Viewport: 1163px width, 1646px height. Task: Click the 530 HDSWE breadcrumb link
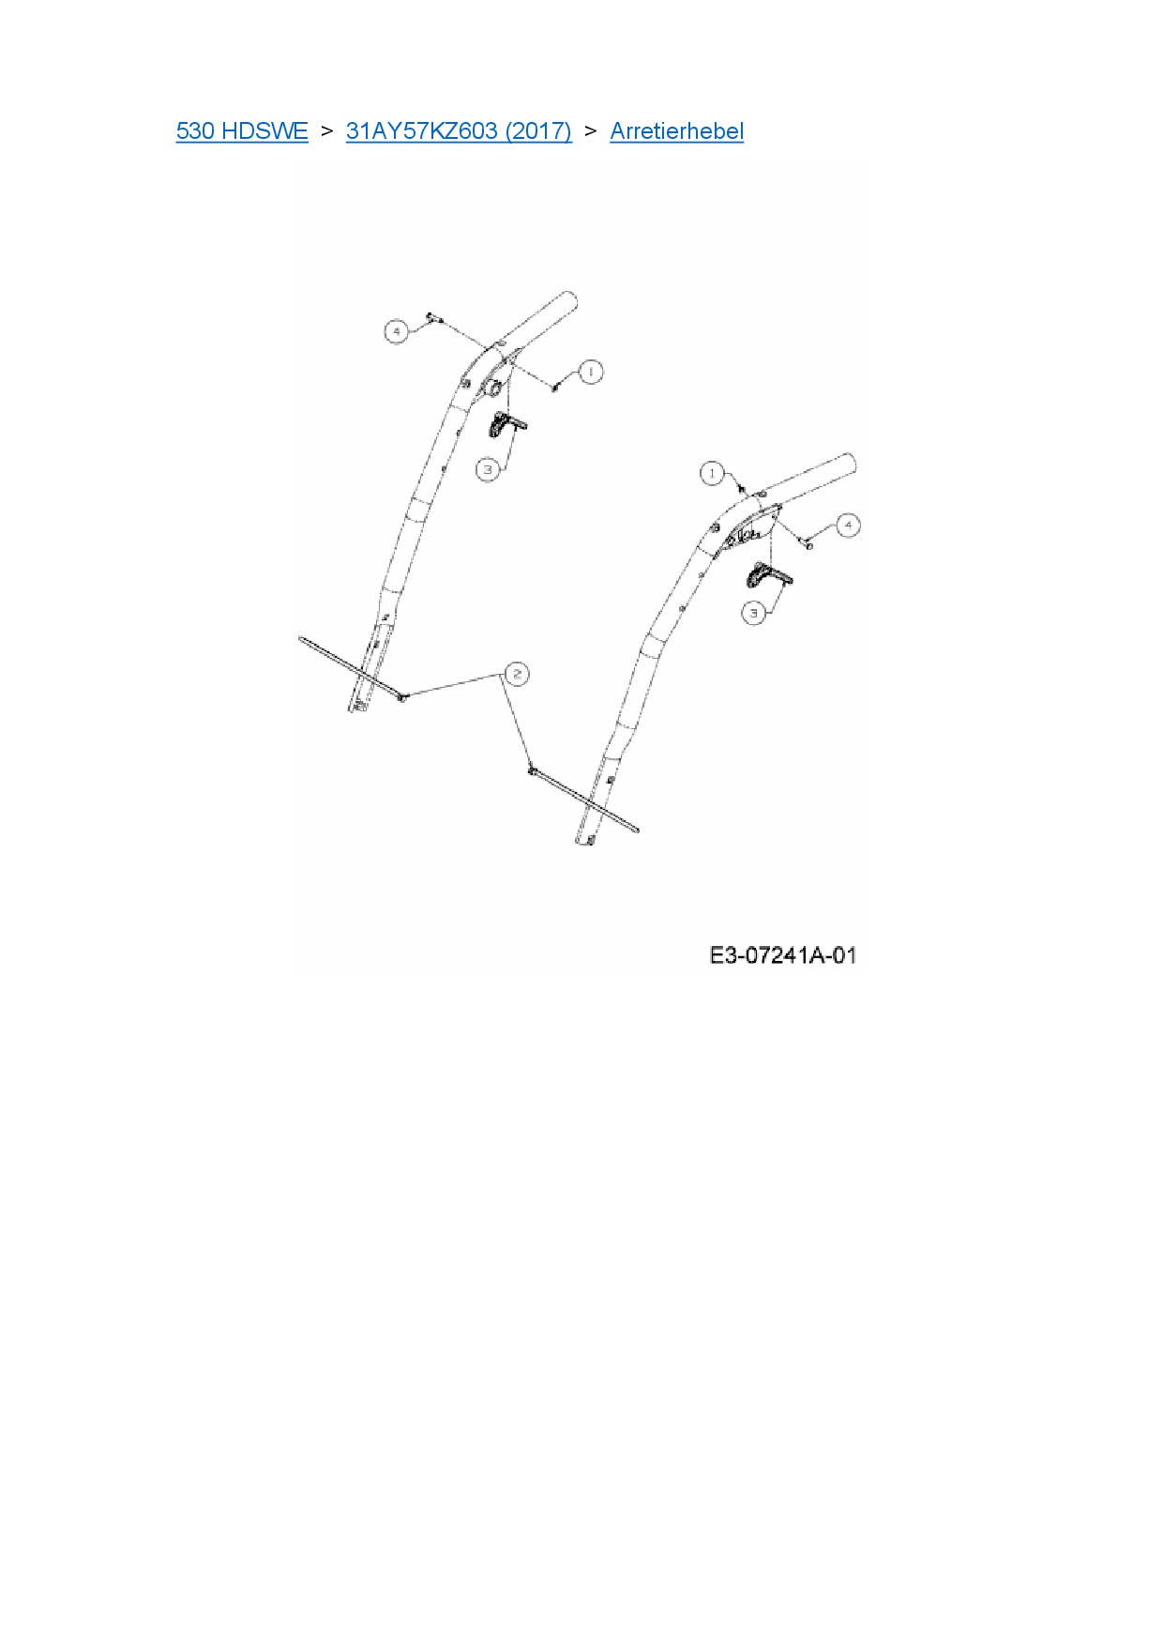(241, 130)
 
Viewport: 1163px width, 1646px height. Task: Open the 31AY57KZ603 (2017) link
(459, 130)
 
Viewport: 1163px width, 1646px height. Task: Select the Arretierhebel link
(676, 130)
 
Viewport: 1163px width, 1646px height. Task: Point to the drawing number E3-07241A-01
(782, 955)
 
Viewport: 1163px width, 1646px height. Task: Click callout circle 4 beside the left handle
(397, 331)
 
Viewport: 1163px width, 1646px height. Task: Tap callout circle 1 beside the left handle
(590, 372)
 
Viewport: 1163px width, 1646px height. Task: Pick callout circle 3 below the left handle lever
(487, 468)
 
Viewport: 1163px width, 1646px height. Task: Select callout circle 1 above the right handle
(713, 473)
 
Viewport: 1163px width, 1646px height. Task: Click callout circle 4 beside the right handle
(848, 525)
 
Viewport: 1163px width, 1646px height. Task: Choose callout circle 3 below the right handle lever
(754, 614)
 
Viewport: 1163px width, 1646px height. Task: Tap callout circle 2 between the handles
(516, 673)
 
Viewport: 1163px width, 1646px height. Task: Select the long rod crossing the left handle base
(351, 667)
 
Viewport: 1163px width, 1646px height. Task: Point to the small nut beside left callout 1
(556, 384)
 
